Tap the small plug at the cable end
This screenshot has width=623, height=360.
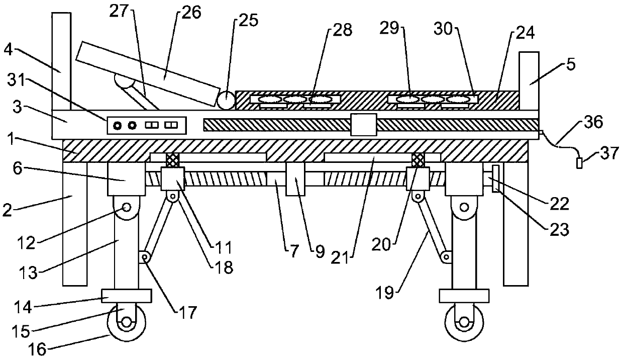click(x=580, y=163)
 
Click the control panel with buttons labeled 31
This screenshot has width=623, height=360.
click(x=146, y=125)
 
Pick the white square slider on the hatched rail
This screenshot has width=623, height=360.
click(x=363, y=125)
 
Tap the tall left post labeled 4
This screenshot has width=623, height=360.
click(x=61, y=60)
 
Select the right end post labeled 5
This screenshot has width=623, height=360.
click(x=529, y=80)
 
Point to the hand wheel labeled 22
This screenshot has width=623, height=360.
click(x=496, y=178)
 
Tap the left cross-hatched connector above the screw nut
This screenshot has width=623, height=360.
click(x=172, y=160)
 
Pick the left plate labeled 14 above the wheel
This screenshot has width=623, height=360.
click(x=126, y=296)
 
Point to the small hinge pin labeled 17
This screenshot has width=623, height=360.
click(x=145, y=257)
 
